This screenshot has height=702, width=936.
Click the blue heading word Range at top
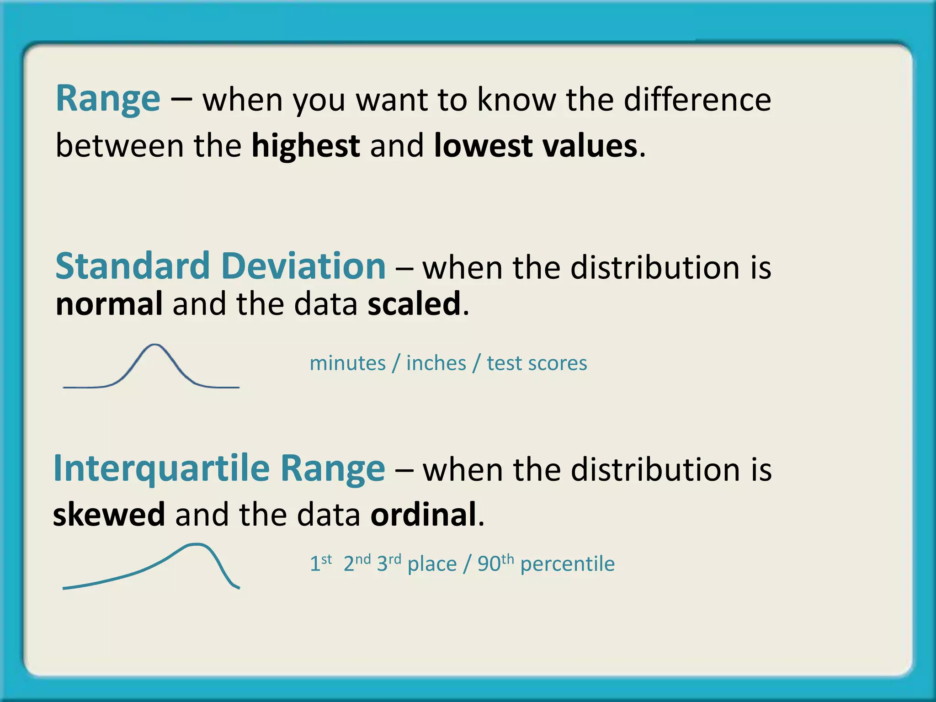point(108,99)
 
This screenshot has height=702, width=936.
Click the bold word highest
point(305,146)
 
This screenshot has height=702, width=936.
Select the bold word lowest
point(483,146)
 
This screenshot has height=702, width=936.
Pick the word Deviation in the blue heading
point(304,266)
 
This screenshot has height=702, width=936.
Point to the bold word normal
point(109,304)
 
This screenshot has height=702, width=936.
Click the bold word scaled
point(414,304)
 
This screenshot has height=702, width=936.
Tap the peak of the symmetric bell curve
point(155,345)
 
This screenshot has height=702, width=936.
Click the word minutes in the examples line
point(348,364)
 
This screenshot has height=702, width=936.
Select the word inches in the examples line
point(436,364)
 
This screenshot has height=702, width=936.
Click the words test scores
point(537,364)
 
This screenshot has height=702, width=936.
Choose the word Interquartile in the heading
point(162,469)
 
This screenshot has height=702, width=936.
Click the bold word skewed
point(109,515)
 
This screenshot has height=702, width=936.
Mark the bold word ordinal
point(423,515)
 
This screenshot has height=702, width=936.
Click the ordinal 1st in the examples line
point(320,563)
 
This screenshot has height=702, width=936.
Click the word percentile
point(567,564)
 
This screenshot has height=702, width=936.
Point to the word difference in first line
point(697,99)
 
